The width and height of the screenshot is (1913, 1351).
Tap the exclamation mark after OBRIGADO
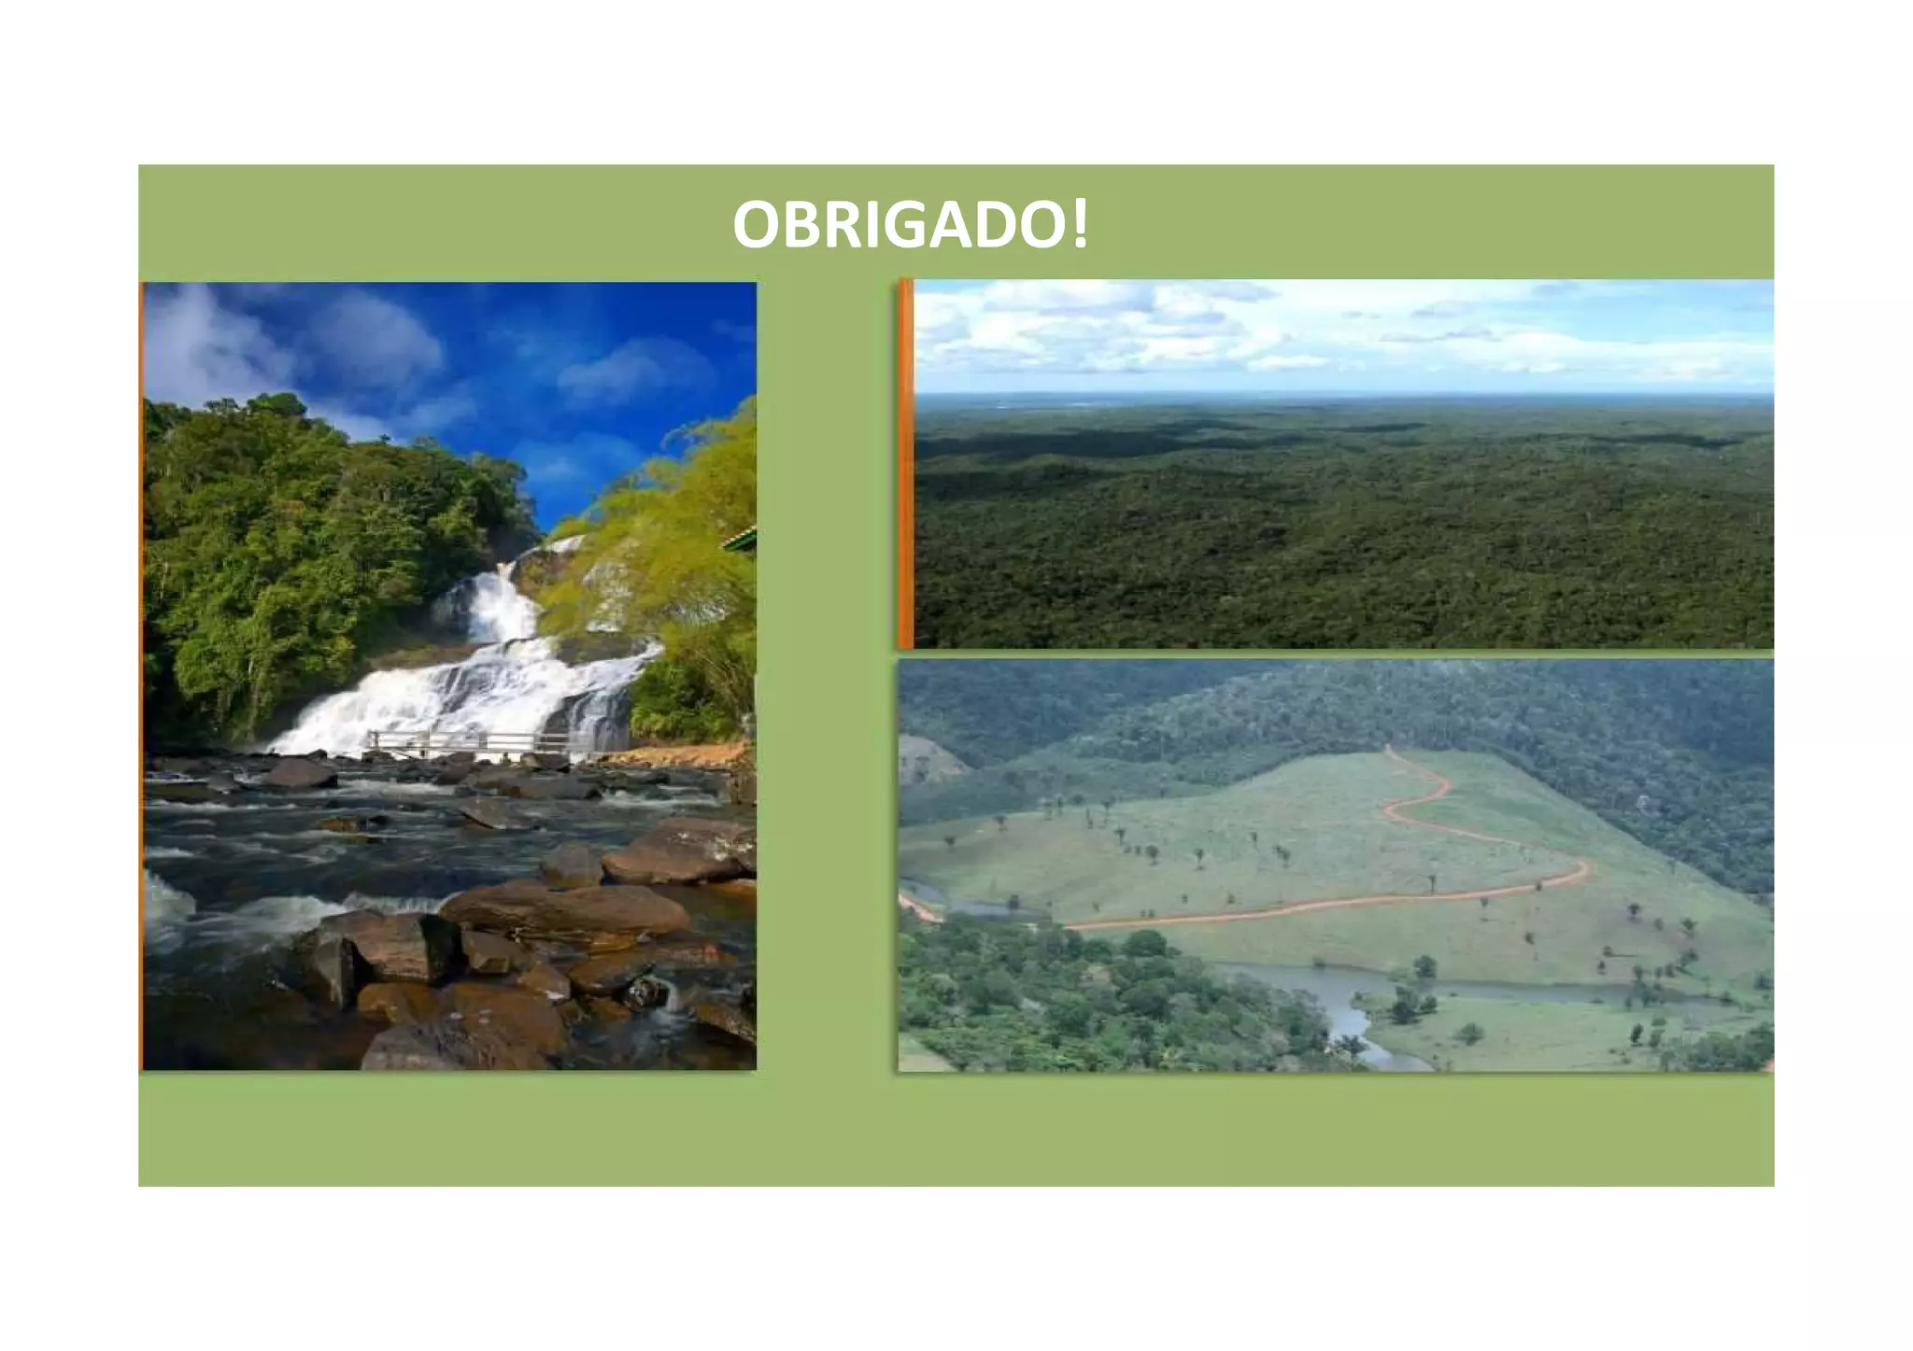coord(1080,225)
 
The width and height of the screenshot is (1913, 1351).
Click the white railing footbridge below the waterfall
coord(467,742)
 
